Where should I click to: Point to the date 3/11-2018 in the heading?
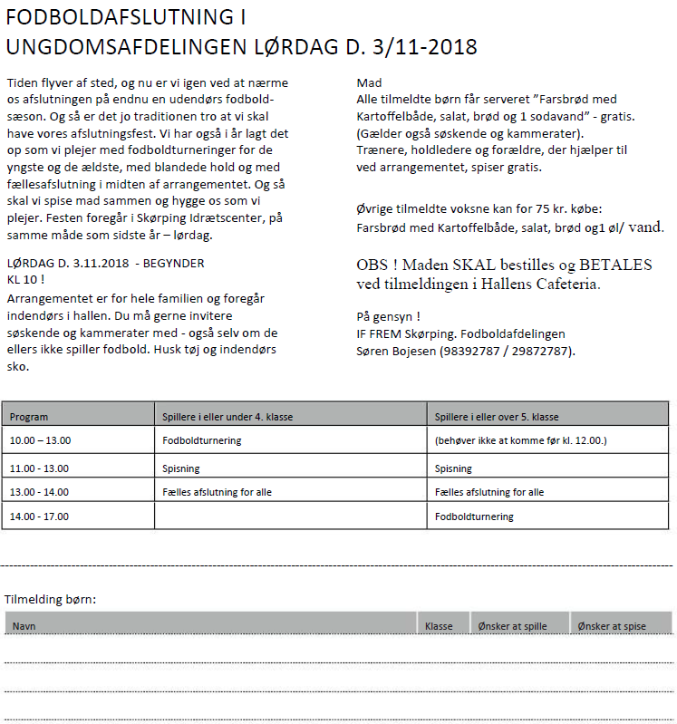[423, 47]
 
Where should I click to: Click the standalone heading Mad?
[370, 82]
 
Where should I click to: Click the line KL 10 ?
[25, 279]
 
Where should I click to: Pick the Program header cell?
[29, 417]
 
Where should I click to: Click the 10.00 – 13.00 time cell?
[40, 441]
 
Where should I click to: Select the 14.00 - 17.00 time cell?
[40, 516]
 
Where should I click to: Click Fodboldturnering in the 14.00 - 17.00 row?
[474, 516]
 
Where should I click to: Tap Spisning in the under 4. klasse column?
[180, 468]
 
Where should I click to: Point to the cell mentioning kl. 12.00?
[520, 441]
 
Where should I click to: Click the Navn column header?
[24, 626]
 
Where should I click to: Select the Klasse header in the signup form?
[439, 626]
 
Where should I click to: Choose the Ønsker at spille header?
[511, 626]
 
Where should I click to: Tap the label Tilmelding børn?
[51, 599]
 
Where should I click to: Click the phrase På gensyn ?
[389, 317]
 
